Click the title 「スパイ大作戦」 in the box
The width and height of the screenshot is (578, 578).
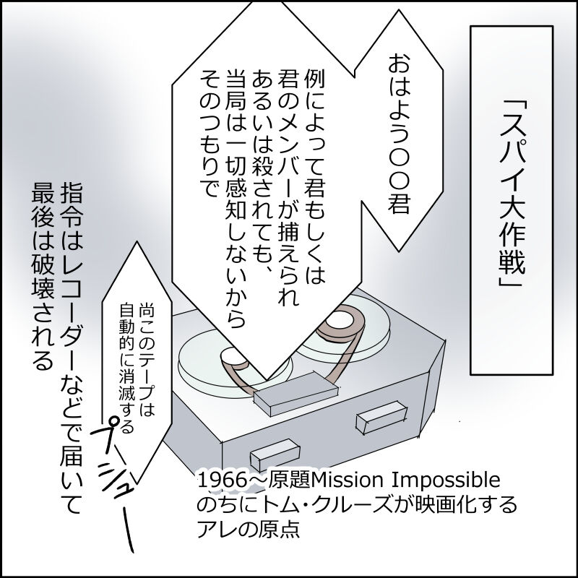click(514, 202)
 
